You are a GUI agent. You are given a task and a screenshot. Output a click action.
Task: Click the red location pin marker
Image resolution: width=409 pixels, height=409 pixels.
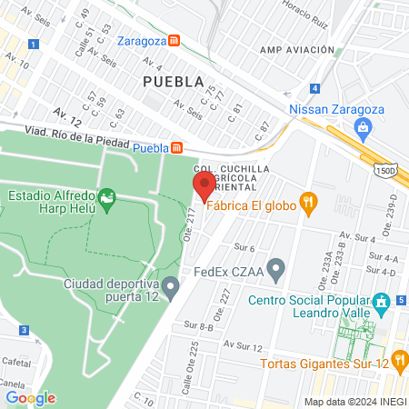click(x=204, y=186)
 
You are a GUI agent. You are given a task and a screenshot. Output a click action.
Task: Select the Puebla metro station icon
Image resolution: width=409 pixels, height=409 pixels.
click(x=179, y=147)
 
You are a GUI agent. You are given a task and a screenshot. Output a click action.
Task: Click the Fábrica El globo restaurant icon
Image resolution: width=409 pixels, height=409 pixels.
click(x=309, y=205)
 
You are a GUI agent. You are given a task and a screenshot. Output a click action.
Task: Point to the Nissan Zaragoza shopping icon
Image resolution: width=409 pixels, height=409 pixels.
click(x=364, y=126)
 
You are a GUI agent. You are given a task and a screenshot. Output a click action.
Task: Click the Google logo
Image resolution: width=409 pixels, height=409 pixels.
click(x=30, y=397)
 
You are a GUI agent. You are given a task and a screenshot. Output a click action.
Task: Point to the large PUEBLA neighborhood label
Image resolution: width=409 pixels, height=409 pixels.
click(x=173, y=81)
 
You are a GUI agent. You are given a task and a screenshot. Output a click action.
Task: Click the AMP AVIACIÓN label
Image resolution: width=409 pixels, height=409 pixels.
click(x=293, y=51)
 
